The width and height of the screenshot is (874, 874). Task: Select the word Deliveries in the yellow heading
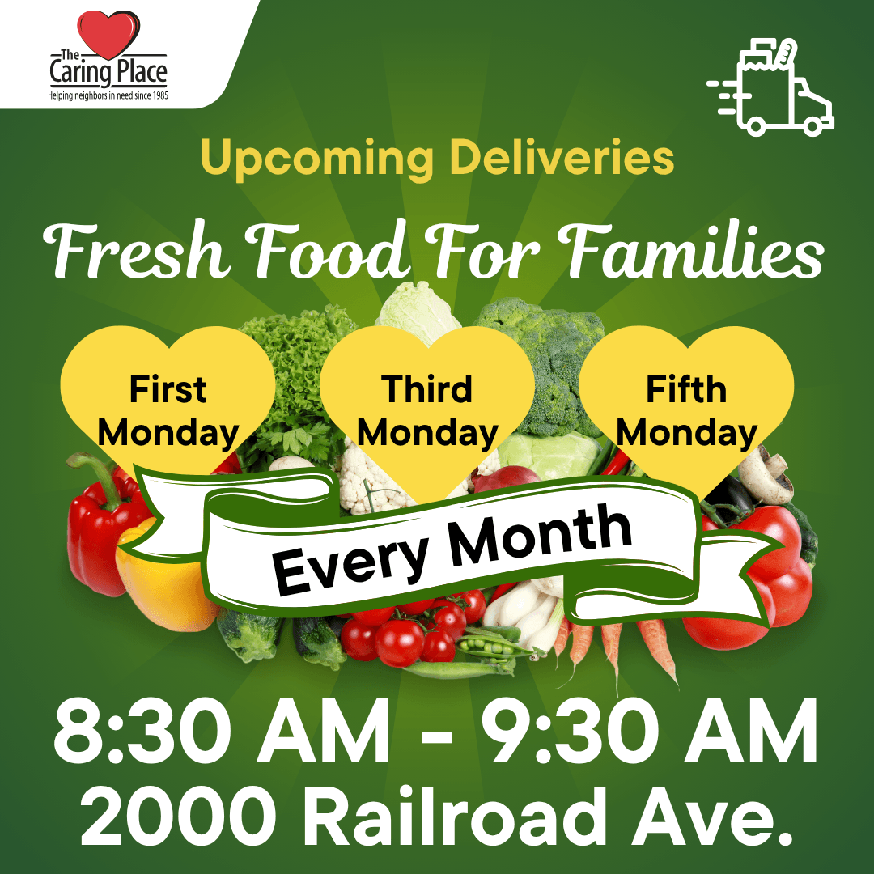562,159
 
